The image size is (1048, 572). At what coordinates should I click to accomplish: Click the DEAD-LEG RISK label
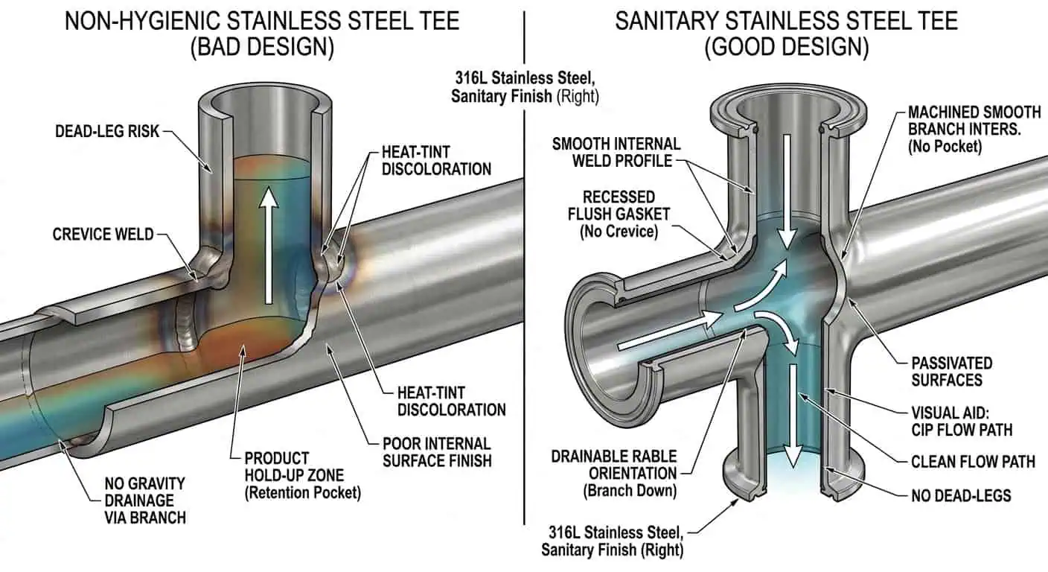point(107,132)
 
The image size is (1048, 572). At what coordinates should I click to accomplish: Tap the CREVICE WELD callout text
point(103,235)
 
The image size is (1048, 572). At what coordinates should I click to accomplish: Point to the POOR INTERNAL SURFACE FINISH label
point(437,451)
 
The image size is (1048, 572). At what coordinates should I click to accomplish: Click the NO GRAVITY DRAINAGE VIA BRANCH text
point(144,500)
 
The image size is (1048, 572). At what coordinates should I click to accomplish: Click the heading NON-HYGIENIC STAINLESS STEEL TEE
point(262,20)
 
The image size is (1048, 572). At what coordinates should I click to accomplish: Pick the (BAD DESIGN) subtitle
point(262,48)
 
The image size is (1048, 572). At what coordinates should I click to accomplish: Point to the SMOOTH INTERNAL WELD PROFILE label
point(616,152)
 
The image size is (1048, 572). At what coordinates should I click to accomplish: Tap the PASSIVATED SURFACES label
point(952,372)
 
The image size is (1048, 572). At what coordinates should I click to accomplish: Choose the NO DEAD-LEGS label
point(961,494)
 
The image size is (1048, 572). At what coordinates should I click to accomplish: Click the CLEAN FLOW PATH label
point(973,462)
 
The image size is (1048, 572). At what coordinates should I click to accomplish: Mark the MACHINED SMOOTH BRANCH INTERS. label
point(974,129)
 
